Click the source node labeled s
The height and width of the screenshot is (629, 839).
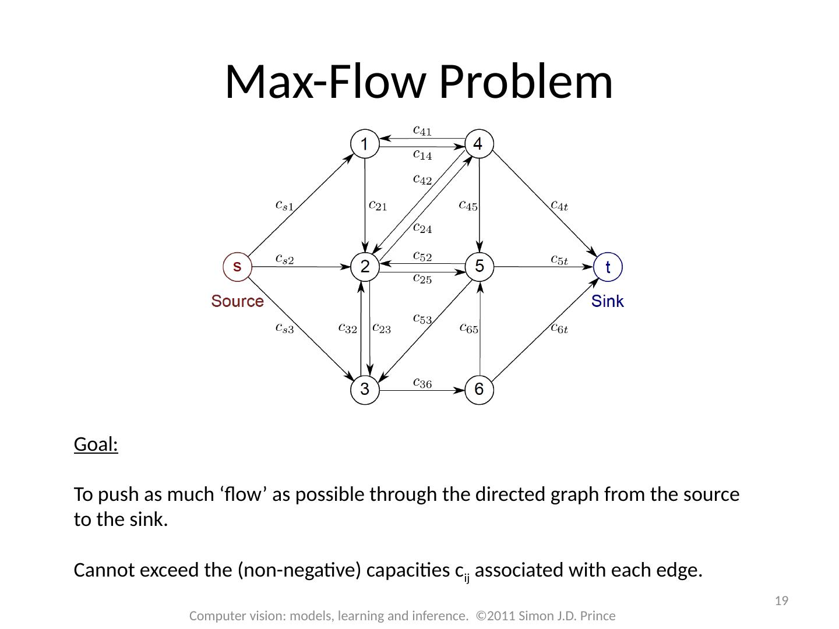pos(237,267)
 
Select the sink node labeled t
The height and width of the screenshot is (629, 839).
pos(608,267)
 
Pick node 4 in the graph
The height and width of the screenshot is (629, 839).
pos(479,143)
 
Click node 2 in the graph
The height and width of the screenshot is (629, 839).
pos(365,267)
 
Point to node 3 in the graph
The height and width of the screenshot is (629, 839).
pos(365,390)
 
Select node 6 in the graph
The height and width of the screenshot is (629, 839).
pos(479,390)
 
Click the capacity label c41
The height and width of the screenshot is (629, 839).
pos(422,131)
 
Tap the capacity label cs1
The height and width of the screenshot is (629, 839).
pos(284,206)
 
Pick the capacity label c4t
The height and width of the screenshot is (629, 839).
pos(560,206)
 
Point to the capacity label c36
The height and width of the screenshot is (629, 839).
pos(422,383)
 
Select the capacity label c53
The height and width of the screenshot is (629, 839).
pos(422,319)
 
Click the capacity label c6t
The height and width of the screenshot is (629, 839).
pos(559,328)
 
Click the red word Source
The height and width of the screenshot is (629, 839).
pos(237,302)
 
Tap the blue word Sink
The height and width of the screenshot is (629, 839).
pos(608,302)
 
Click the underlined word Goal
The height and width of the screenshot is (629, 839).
pos(96,446)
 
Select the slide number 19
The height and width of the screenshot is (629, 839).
pos(782,601)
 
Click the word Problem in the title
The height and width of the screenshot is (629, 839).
pos(526,82)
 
